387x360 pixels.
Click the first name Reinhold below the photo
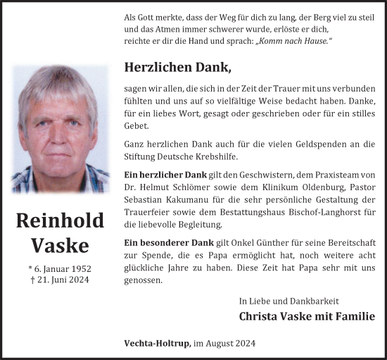[60, 221]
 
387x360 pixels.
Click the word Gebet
[137, 125]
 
